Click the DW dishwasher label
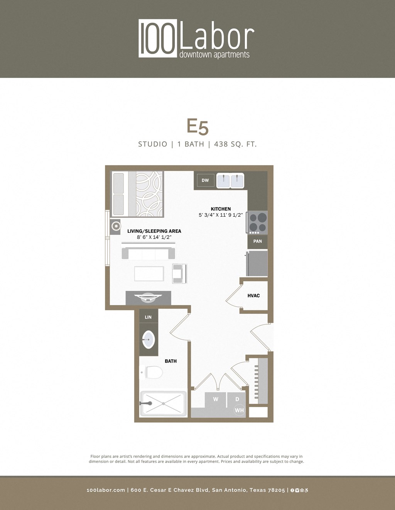pyautogui.click(x=205, y=180)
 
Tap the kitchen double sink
pyautogui.click(x=230, y=181)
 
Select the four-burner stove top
pyautogui.click(x=258, y=222)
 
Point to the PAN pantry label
pyautogui.click(x=258, y=241)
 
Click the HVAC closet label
pyautogui.click(x=253, y=296)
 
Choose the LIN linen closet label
pyautogui.click(x=148, y=317)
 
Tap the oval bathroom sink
pyautogui.click(x=149, y=340)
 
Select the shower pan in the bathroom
pyautogui.click(x=164, y=403)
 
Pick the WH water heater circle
pyautogui.click(x=239, y=410)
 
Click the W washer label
pyautogui.click(x=216, y=399)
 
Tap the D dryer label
pyautogui.click(x=237, y=399)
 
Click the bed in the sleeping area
pyautogui.click(x=137, y=194)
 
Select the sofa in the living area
pyautogui.click(x=148, y=253)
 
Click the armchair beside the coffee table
pyautogui.click(x=179, y=274)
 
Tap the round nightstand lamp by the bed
pyautogui.click(x=115, y=227)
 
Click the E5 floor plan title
pyautogui.click(x=197, y=127)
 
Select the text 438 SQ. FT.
pyautogui.click(x=235, y=144)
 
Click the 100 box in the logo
pyautogui.click(x=158, y=38)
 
